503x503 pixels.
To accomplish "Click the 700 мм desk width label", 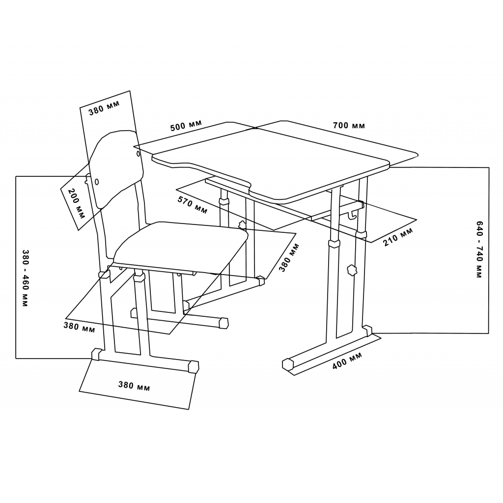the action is click(x=349, y=125).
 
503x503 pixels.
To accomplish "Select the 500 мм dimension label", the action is click(x=186, y=125).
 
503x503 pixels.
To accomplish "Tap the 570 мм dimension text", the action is click(x=193, y=205).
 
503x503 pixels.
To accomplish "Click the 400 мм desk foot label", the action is click(x=347, y=360).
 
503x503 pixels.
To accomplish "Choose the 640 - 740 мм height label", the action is click(x=479, y=249).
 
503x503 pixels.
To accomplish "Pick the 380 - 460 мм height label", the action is click(x=26, y=278).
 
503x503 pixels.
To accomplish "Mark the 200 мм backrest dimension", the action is click(x=77, y=203).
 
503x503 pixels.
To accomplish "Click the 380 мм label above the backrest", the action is click(x=104, y=108).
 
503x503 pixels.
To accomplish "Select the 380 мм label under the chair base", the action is click(x=134, y=386).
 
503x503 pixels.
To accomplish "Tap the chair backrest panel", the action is click(x=116, y=168).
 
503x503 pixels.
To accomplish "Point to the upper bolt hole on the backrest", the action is click(x=138, y=154).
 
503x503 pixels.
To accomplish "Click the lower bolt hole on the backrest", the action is click(x=97, y=182).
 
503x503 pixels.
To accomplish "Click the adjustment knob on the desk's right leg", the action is click(x=352, y=270).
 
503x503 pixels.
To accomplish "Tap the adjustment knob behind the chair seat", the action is click(x=242, y=225).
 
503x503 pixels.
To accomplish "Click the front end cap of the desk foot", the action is click(x=288, y=364).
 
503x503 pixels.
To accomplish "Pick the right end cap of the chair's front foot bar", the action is click(x=194, y=366).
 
